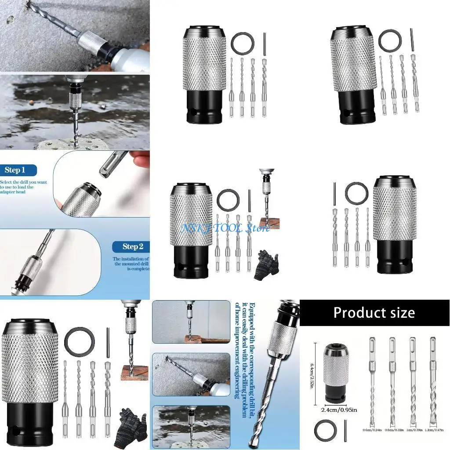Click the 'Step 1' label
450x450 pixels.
click(x=15, y=170)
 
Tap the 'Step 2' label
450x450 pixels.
click(x=133, y=247)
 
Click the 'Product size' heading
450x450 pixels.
click(x=374, y=312)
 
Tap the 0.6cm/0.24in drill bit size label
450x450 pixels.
click(x=372, y=430)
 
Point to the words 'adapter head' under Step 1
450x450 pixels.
click(x=17, y=192)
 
